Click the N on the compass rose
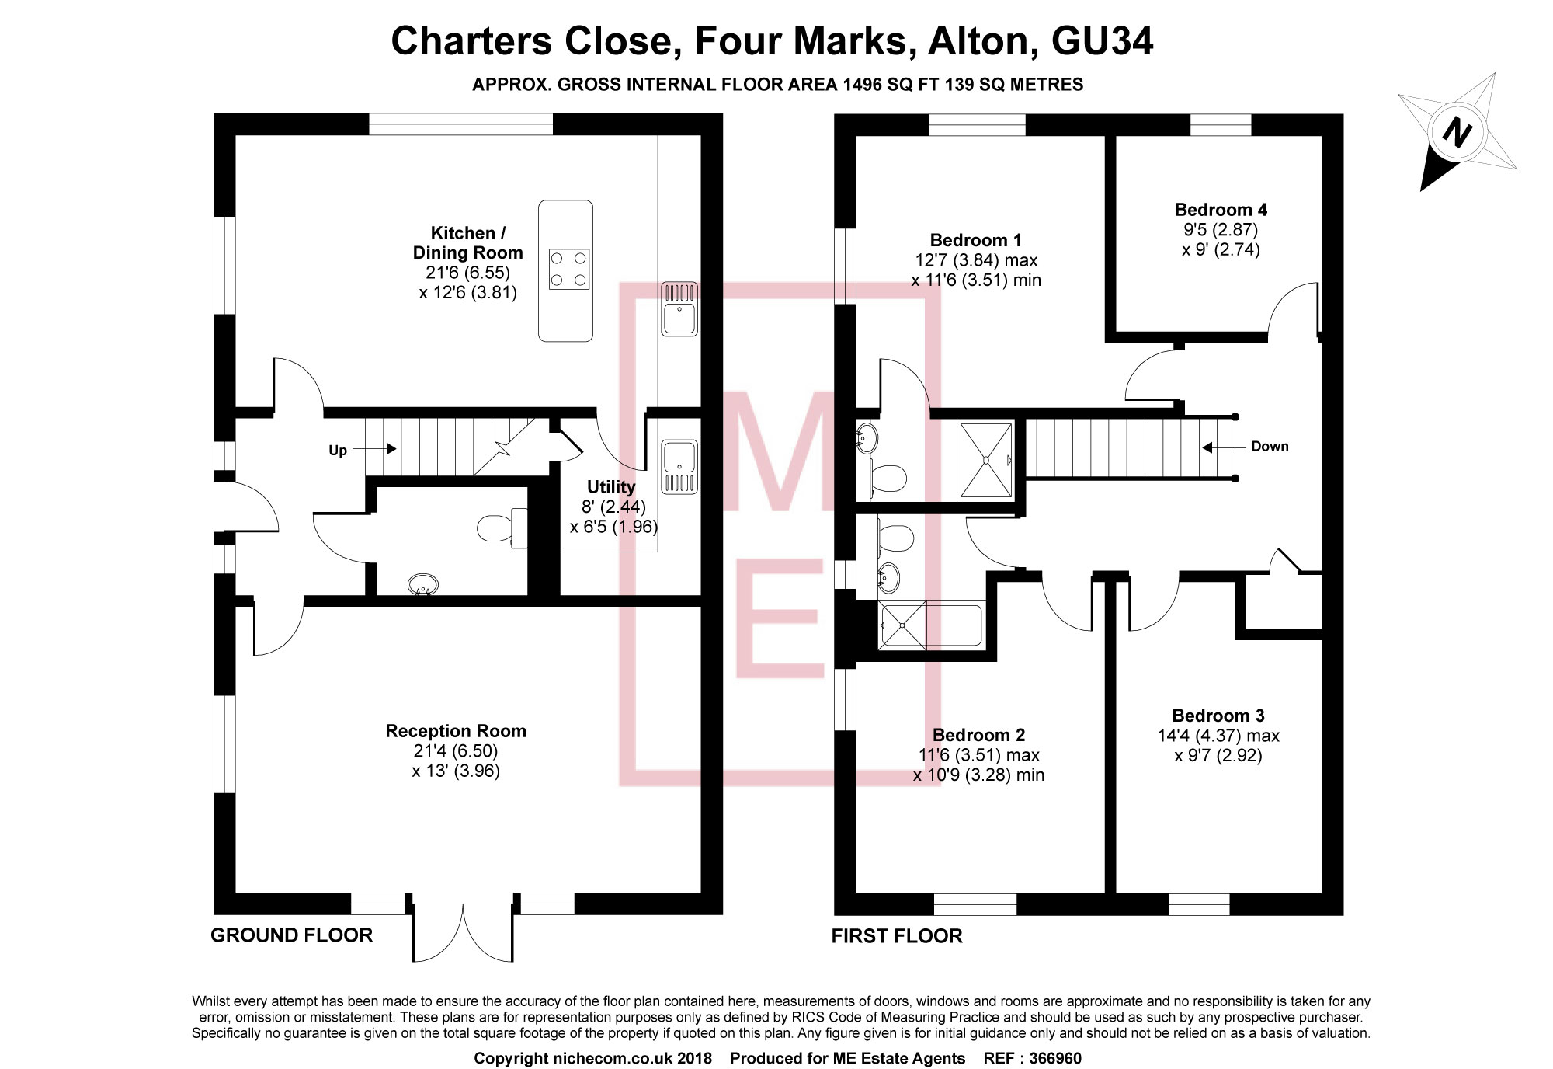click(1457, 133)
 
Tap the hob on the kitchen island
click(568, 269)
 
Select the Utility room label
click(611, 487)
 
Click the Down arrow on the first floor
click(1208, 447)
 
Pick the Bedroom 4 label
click(1221, 210)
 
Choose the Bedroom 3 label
click(1218, 716)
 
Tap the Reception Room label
click(456, 731)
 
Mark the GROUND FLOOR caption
click(292, 935)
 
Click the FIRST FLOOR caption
click(897, 936)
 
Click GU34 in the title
click(1102, 40)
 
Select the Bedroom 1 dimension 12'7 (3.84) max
click(976, 260)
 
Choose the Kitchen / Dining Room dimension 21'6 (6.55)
click(467, 273)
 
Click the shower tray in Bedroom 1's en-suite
click(986, 460)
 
